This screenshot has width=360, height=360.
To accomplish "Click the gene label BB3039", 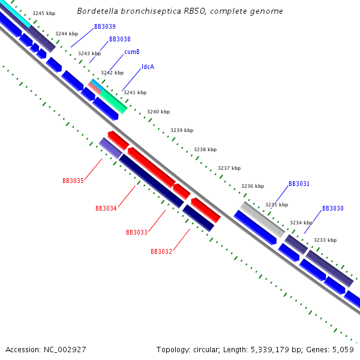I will [x=104, y=26].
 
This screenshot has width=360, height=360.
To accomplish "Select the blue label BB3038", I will [x=119, y=39].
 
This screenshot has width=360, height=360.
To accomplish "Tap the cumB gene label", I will [x=132, y=52].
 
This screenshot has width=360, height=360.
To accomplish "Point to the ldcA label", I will [x=148, y=67].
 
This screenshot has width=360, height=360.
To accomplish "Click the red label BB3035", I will [x=73, y=181].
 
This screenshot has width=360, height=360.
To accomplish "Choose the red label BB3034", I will [x=106, y=208].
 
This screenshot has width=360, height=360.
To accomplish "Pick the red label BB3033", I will [x=136, y=232].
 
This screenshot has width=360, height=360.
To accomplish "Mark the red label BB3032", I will [x=161, y=251].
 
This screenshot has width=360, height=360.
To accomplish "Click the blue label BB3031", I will [x=299, y=184].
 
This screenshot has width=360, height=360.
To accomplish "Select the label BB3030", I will [x=332, y=208].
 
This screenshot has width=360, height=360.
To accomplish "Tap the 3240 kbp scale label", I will [x=158, y=112].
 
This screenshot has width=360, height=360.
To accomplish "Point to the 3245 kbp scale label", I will [x=43, y=13].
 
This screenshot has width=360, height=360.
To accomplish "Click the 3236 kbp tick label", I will [x=252, y=186].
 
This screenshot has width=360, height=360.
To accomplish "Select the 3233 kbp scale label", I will [x=325, y=240].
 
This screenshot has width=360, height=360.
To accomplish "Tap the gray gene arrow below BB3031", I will [x=262, y=219].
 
